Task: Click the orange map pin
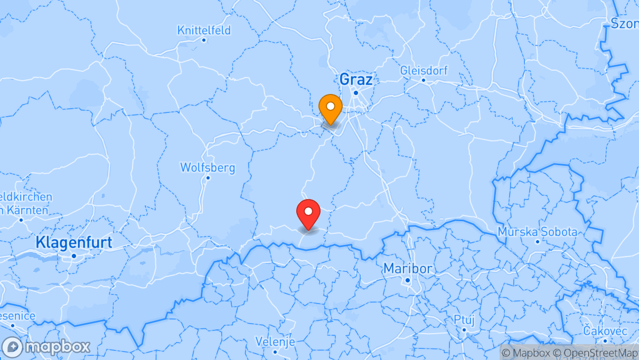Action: (331, 107)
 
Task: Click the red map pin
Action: (308, 212)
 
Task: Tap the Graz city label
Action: (355, 80)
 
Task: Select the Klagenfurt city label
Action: (74, 242)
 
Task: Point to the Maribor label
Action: (407, 268)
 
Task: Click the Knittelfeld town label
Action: (204, 30)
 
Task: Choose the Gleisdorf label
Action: (424, 70)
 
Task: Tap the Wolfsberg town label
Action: (208, 167)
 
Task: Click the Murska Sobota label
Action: (538, 232)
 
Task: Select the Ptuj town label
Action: (464, 319)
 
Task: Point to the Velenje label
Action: (275, 342)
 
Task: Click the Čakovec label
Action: (605, 331)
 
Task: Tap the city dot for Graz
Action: (356, 93)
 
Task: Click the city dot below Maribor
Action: (408, 280)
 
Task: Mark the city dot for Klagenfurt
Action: (74, 255)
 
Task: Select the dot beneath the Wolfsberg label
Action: (208, 177)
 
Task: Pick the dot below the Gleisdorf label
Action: (424, 80)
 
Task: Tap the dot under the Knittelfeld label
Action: (204, 40)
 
